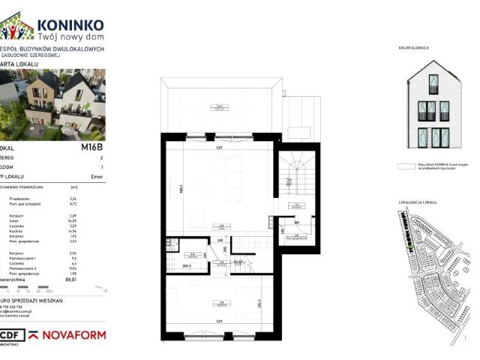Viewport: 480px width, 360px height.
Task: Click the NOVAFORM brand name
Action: coord(72,334)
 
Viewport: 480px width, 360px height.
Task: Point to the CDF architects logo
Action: coord(10,334)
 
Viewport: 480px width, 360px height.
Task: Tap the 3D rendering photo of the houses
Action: coord(52,104)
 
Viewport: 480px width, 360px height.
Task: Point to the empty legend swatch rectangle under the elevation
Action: coord(409,169)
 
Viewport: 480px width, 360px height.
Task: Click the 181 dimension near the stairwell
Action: coord(297,223)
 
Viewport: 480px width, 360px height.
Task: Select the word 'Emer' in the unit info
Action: coord(97,177)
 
